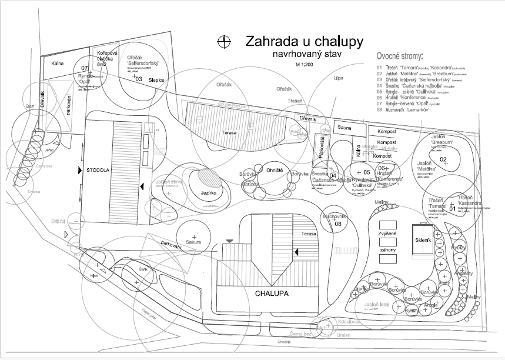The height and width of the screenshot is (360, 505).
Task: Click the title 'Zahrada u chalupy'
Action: pos(304,42)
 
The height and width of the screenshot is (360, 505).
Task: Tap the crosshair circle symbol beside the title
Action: pos(223,41)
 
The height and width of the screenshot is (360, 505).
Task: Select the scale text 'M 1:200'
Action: pos(304,64)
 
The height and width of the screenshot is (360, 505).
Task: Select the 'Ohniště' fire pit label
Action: pos(275,170)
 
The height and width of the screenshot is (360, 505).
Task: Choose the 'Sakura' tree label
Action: pos(195,242)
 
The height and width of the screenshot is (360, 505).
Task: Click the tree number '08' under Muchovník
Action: pos(338,224)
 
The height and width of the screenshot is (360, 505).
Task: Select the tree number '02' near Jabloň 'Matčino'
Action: pos(444,159)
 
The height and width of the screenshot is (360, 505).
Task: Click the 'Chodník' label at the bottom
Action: pos(284,342)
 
